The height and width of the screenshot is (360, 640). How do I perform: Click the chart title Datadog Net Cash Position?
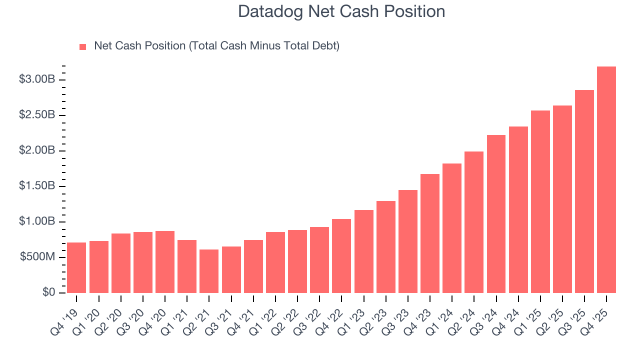click(341, 11)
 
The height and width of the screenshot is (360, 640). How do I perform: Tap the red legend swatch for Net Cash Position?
click(83, 47)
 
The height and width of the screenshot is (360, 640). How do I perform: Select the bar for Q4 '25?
click(606, 180)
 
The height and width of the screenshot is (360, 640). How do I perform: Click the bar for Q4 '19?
click(76, 267)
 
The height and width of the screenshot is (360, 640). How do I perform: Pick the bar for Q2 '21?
click(209, 271)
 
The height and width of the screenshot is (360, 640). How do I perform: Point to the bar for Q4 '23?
click(430, 233)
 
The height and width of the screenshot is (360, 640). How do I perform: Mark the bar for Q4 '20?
click(165, 262)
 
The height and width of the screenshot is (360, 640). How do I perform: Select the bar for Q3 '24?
click(496, 214)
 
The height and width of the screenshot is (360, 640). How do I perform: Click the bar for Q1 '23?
click(363, 251)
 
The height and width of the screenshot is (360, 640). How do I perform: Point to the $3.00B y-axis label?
click(37, 80)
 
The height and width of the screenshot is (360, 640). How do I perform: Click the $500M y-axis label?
click(37, 257)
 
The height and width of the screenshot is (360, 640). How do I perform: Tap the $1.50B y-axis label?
click(37, 186)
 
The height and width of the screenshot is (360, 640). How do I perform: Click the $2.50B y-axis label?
click(37, 115)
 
